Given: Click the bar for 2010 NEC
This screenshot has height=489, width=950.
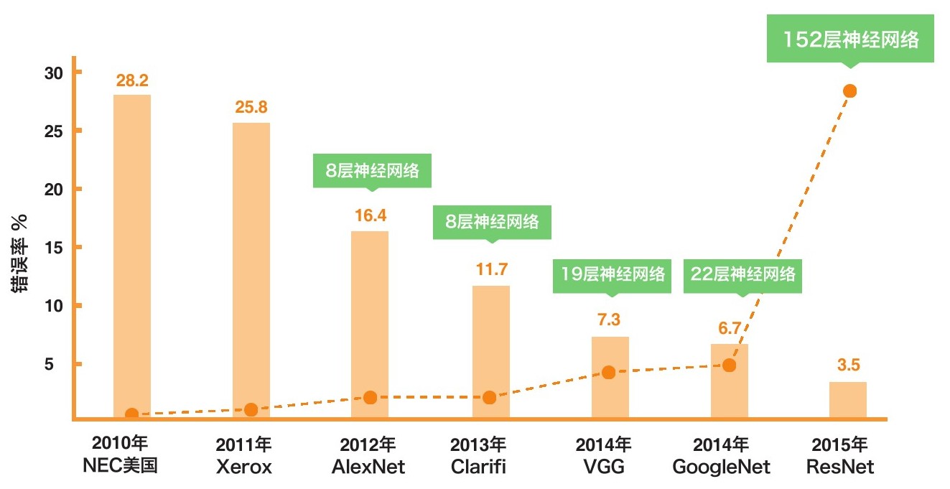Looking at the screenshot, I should coord(131,251).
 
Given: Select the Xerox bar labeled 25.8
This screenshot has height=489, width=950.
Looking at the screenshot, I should coord(251,266).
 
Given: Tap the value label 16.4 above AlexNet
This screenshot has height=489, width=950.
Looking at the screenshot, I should coord(371,215).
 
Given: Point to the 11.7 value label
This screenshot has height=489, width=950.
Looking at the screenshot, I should coord(491,270).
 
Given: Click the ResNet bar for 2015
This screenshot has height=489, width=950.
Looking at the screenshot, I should coord(847,399).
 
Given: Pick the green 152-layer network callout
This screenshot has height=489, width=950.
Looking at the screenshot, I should coord(850,40).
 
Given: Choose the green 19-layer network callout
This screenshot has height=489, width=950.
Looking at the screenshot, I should coord(611,274).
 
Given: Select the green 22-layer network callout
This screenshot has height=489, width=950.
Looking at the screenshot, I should coord(743,274).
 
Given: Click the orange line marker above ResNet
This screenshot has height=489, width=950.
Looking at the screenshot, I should coord(849,90).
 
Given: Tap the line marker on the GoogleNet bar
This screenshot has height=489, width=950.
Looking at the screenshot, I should coord(729,365).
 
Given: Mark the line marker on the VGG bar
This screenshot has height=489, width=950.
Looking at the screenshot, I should coord(608,372).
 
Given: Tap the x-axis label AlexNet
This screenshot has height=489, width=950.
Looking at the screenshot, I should coord(368,467).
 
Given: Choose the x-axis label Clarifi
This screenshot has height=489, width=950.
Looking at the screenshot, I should coord(478,467).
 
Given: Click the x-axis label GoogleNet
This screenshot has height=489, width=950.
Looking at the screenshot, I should coord(721,467).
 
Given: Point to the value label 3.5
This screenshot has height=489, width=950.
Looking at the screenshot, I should coord(848,365).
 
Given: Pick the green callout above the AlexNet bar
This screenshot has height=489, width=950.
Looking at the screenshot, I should coord(371,171).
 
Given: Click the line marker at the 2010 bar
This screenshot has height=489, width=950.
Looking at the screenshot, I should coord(131,414).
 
